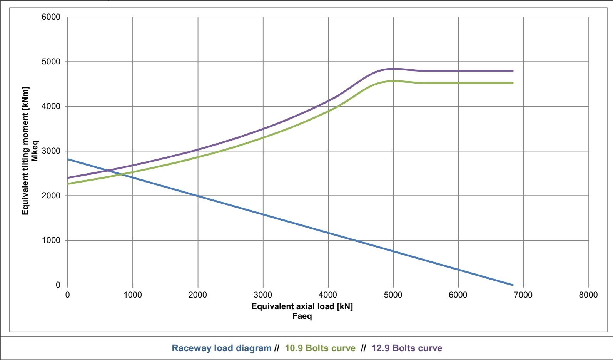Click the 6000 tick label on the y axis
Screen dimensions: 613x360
(x=51, y=17)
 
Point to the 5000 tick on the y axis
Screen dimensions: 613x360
(x=51, y=62)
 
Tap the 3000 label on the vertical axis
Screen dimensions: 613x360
(x=51, y=151)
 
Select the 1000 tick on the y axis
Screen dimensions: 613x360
(x=51, y=240)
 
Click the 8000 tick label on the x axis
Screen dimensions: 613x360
(x=588, y=295)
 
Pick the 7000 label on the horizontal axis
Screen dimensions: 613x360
(x=523, y=295)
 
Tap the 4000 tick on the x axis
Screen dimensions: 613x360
(x=328, y=295)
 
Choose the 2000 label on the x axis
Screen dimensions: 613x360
(x=197, y=295)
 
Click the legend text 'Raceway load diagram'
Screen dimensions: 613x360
(x=221, y=348)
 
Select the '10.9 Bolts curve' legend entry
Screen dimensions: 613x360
(x=320, y=348)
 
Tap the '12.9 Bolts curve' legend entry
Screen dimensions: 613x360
(x=407, y=348)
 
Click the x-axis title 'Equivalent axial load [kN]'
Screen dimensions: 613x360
(x=302, y=306)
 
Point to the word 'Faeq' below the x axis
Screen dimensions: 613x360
(x=302, y=316)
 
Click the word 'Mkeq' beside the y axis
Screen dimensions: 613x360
(x=35, y=151)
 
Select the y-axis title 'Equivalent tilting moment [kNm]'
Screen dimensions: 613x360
(x=25, y=151)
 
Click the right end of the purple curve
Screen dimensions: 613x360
(x=513, y=71)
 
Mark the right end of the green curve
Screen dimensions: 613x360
(x=513, y=83)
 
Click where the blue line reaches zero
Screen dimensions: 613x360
(x=513, y=285)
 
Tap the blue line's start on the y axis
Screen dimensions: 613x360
(x=68, y=159)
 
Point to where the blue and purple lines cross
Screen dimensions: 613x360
(x=109, y=171)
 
